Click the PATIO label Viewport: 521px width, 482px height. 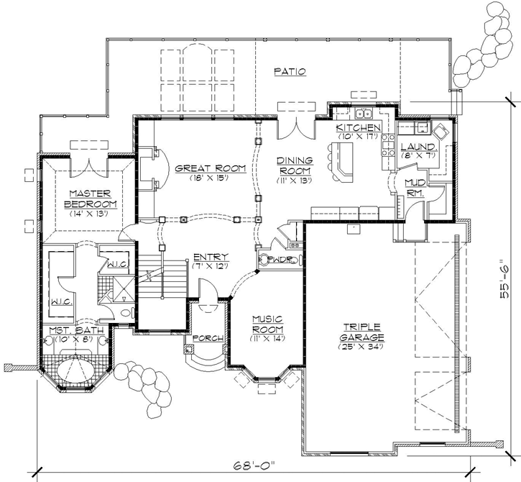tap(290, 72)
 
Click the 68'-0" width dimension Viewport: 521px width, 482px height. tap(257, 463)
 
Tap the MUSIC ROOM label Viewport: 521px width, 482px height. tap(266, 324)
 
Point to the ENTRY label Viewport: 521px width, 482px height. tap(211, 258)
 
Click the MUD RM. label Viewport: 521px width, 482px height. tap(415, 188)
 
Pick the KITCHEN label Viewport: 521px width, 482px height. tap(357, 128)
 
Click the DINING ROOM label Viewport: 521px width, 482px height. tap(295, 167)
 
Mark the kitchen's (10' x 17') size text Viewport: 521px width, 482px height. tap(357, 137)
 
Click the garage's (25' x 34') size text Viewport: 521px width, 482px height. tap(363, 347)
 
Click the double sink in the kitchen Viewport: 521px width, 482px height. tap(364, 113)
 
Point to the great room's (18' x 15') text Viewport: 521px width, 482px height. tap(202, 178)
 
